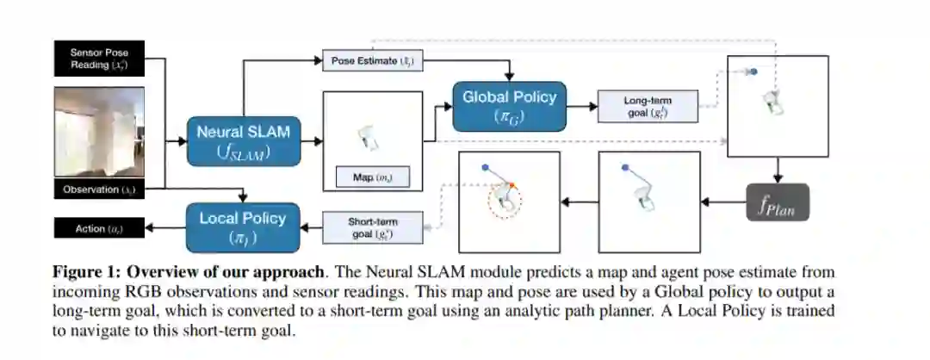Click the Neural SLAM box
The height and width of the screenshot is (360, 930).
(245, 142)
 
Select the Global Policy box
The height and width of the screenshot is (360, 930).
(509, 106)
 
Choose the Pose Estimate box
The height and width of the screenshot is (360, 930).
(373, 61)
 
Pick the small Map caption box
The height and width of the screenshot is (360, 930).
(373, 177)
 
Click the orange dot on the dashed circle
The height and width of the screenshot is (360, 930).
(512, 185)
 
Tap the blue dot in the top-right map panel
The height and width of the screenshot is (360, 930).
(753, 71)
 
